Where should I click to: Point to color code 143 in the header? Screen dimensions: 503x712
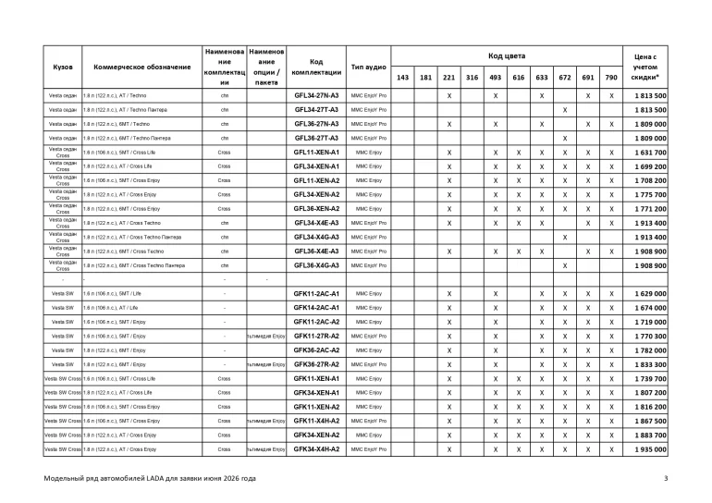click(402, 78)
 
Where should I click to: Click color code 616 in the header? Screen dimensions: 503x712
click(518, 78)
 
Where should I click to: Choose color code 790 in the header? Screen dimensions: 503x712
click(611, 78)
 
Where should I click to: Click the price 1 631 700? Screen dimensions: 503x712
click(650, 152)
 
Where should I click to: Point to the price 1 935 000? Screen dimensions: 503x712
click(650, 448)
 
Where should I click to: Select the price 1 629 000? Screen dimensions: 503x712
click(650, 293)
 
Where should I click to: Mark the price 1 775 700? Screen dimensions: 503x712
click(650, 194)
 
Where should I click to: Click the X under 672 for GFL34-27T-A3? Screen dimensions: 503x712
click(564, 109)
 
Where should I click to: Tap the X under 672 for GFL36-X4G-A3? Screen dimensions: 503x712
click(564, 265)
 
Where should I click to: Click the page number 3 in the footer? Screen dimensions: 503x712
click(665, 478)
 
